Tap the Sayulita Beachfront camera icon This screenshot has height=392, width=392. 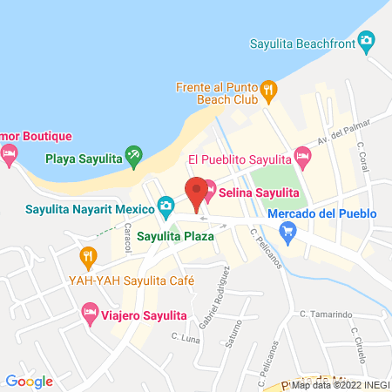tap(368, 40)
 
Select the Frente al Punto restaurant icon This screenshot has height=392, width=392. tap(269, 87)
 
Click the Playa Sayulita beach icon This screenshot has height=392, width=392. tap(133, 157)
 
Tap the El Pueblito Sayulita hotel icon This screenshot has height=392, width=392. tap(302, 157)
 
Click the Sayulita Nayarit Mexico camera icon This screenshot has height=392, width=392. tap(166, 206)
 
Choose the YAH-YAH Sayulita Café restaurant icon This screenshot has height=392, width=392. tap(87, 257)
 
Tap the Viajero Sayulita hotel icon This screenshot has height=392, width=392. tap(89, 313)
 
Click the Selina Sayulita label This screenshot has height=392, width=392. tap(259, 193)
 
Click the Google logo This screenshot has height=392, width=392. tap(29, 381)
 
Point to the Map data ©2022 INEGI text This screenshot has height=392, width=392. tap(339, 384)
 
